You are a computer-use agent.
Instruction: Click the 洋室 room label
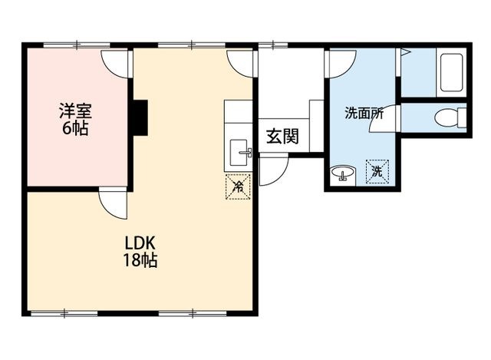pyautogui.click(x=75, y=111)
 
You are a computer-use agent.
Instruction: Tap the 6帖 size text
pyautogui.click(x=75, y=128)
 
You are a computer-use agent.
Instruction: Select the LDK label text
pyautogui.click(x=140, y=243)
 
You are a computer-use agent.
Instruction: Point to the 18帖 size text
pyautogui.click(x=140, y=260)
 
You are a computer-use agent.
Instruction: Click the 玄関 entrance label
pyautogui.click(x=283, y=137)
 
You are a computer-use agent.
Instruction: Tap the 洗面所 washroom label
pyautogui.click(x=364, y=113)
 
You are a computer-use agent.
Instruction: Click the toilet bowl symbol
pyautogui.click(x=450, y=117)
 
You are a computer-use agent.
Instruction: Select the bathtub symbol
pyautogui.click(x=452, y=74)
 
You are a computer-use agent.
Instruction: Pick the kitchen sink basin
pyautogui.click(x=240, y=153)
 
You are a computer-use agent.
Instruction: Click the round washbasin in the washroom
pyautogui.click(x=343, y=173)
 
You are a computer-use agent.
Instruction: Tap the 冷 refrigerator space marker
pyautogui.click(x=239, y=187)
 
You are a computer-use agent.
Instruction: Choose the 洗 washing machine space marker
pyautogui.click(x=377, y=172)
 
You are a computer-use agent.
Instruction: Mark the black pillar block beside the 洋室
pyautogui.click(x=140, y=117)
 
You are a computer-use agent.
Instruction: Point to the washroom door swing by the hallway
pyautogui.click(x=341, y=64)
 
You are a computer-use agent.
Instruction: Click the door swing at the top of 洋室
pyautogui.click(x=115, y=64)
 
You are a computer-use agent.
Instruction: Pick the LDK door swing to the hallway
pyautogui.click(x=240, y=64)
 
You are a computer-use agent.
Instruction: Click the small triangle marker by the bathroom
pyautogui.click(x=405, y=52)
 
